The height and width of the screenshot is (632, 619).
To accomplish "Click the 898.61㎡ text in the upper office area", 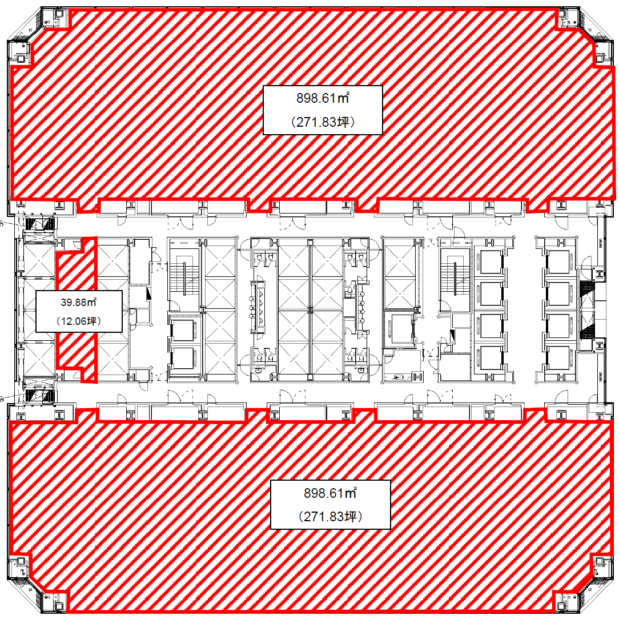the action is click(323, 98).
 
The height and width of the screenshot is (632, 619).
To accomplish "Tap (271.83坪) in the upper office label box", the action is click(323, 122).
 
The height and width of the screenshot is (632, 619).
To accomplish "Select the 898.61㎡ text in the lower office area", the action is click(330, 493).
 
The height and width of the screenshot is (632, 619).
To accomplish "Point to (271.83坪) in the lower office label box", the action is click(330, 516).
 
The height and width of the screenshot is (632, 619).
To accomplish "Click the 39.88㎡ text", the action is click(79, 302).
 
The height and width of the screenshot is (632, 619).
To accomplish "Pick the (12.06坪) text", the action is click(79, 321).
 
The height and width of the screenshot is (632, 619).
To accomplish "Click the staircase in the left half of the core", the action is click(184, 279).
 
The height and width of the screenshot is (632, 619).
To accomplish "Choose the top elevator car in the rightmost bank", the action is click(558, 262).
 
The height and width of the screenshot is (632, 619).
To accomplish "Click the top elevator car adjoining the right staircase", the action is click(491, 262).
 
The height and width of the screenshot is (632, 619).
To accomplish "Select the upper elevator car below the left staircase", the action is click(183, 329).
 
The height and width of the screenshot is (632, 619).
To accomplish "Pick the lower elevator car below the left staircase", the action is click(183, 358).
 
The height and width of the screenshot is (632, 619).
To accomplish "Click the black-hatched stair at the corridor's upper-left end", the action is click(40, 224).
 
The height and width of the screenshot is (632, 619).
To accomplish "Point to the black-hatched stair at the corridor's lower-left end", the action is click(40, 395).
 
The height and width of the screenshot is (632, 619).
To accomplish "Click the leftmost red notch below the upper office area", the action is click(88, 206).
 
